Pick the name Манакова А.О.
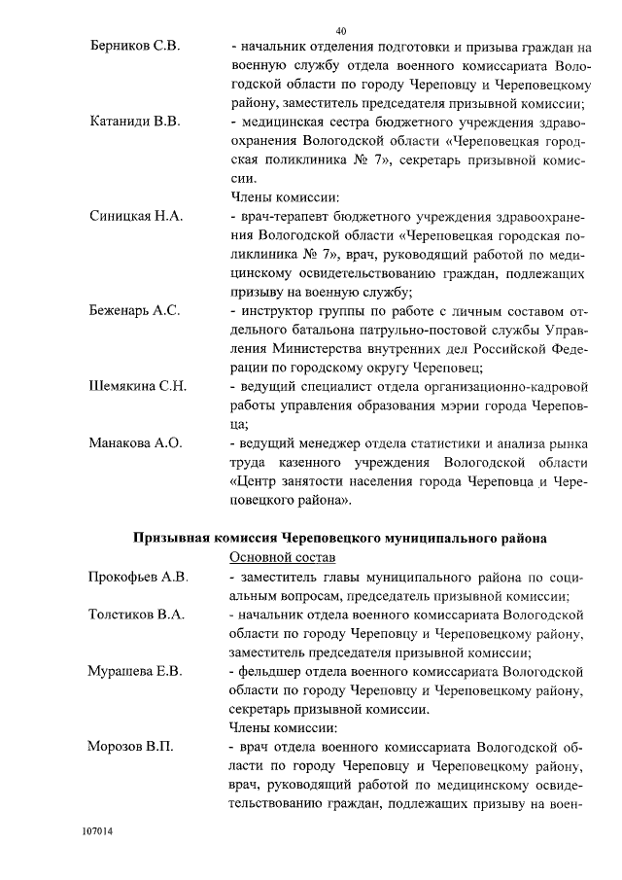pos(136,442)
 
